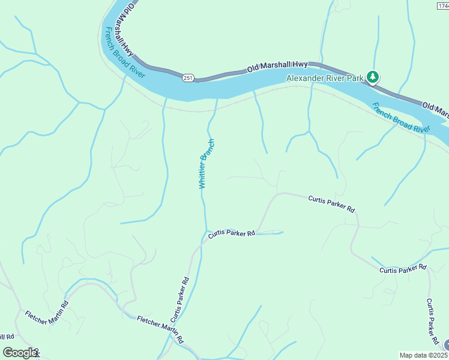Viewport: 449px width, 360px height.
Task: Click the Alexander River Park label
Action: point(325,78)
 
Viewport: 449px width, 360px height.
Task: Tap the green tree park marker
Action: point(373,77)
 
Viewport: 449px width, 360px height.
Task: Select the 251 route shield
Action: point(188,78)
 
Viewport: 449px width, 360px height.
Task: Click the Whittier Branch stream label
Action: point(206,164)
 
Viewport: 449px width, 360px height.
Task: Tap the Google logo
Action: point(20,353)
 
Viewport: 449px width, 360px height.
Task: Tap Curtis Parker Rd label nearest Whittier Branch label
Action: point(232,234)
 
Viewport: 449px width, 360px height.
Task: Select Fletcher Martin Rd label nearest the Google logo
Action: point(47,308)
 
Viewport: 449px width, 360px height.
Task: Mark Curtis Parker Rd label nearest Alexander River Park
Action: point(332,203)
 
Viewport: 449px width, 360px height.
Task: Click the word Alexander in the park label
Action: point(305,78)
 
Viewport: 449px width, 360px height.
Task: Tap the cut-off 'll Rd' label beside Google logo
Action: point(6,337)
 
